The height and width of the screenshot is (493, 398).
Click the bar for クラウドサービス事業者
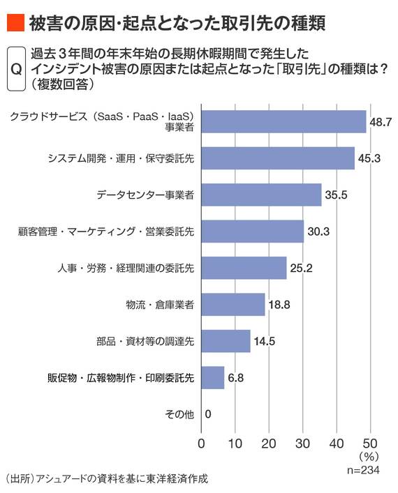[283, 121]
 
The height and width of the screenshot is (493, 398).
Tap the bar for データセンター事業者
[261, 195]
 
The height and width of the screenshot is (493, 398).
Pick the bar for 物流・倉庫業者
[233, 304]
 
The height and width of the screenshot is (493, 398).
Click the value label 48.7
[381, 121]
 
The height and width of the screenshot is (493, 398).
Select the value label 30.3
[319, 232]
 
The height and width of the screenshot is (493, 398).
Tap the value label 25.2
[302, 268]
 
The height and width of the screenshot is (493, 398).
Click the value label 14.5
[265, 341]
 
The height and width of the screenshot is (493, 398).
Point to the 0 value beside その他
[209, 414]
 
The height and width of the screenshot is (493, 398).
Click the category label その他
[179, 414]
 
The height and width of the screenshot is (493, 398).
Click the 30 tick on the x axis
[302, 443]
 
